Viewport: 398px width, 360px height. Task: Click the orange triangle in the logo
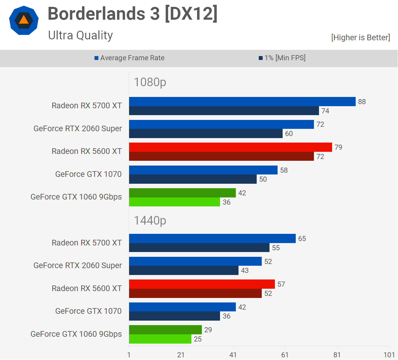(x=24, y=20)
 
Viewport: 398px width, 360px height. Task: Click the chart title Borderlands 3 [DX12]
(x=132, y=14)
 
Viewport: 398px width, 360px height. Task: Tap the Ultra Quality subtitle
(x=80, y=35)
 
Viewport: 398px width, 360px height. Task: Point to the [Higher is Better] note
(x=360, y=37)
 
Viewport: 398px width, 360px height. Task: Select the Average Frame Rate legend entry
(x=129, y=58)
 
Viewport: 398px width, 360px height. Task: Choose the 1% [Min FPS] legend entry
(x=282, y=58)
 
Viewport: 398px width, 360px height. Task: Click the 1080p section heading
(x=150, y=82)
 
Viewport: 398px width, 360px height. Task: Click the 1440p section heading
(x=150, y=221)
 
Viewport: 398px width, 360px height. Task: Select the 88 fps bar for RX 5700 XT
(x=242, y=101)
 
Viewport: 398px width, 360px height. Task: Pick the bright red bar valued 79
(x=230, y=147)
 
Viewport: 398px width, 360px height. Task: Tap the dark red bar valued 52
(x=195, y=293)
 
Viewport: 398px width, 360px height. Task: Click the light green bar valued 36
(x=174, y=202)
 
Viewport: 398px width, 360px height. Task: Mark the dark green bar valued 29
(x=165, y=330)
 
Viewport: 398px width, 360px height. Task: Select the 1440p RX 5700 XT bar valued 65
(x=212, y=238)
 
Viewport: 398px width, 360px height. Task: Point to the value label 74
(x=325, y=111)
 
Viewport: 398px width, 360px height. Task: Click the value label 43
(x=245, y=271)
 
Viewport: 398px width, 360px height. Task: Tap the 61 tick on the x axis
(x=285, y=355)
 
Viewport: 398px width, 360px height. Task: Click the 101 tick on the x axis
(x=389, y=355)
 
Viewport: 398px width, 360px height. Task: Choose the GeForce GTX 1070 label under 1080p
(x=88, y=174)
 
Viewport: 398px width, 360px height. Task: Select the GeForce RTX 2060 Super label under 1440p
(x=78, y=265)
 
